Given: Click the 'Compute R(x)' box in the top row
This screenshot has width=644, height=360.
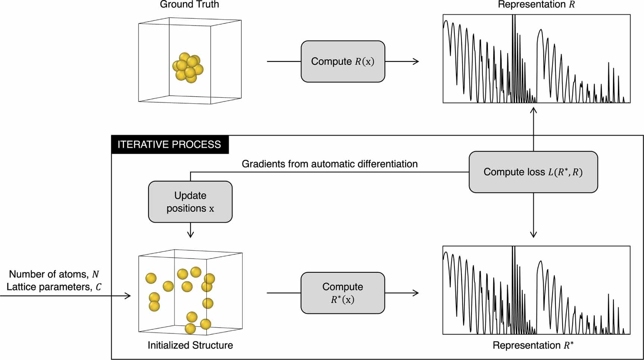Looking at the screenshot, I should pyautogui.click(x=343, y=62).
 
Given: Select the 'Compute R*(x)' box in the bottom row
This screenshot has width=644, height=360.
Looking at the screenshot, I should pyautogui.click(x=343, y=293).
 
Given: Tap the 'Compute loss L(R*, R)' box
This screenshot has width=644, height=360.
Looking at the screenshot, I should pyautogui.click(x=533, y=172).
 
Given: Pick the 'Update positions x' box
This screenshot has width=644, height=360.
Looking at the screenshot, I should pyautogui.click(x=190, y=202).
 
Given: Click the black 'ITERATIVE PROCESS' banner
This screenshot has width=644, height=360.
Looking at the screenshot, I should pyautogui.click(x=170, y=145).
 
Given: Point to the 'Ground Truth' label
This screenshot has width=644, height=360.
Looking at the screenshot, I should pyautogui.click(x=189, y=4).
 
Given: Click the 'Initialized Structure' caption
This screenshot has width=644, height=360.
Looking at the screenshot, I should pyautogui.click(x=190, y=345).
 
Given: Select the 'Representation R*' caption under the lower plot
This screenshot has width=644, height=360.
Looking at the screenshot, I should pyautogui.click(x=533, y=345).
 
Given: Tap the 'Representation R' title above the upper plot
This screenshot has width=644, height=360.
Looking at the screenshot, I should pyautogui.click(x=536, y=4).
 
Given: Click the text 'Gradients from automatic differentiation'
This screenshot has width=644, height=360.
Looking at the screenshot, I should pyautogui.click(x=330, y=164).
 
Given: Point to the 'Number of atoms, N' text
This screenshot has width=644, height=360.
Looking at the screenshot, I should pyautogui.click(x=54, y=274).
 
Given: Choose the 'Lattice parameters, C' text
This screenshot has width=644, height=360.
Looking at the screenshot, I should pyautogui.click(x=54, y=287).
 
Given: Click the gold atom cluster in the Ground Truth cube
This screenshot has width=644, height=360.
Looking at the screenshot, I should pyautogui.click(x=188, y=68).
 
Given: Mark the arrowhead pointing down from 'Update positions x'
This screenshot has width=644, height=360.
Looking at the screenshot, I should pyautogui.click(x=190, y=235).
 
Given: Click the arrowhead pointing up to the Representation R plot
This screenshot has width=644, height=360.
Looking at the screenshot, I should pyautogui.click(x=533, y=110).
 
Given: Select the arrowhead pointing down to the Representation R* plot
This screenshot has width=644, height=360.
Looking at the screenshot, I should pyautogui.click(x=533, y=235).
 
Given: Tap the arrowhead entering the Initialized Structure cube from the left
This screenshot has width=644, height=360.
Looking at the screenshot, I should pyautogui.click(x=128, y=296).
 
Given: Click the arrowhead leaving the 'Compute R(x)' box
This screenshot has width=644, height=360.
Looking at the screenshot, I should pyautogui.click(x=416, y=62).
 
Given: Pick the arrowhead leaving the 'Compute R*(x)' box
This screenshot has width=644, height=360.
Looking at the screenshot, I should pyautogui.click(x=416, y=293).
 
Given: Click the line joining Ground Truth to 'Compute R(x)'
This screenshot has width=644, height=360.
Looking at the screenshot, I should pyautogui.click(x=284, y=62).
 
